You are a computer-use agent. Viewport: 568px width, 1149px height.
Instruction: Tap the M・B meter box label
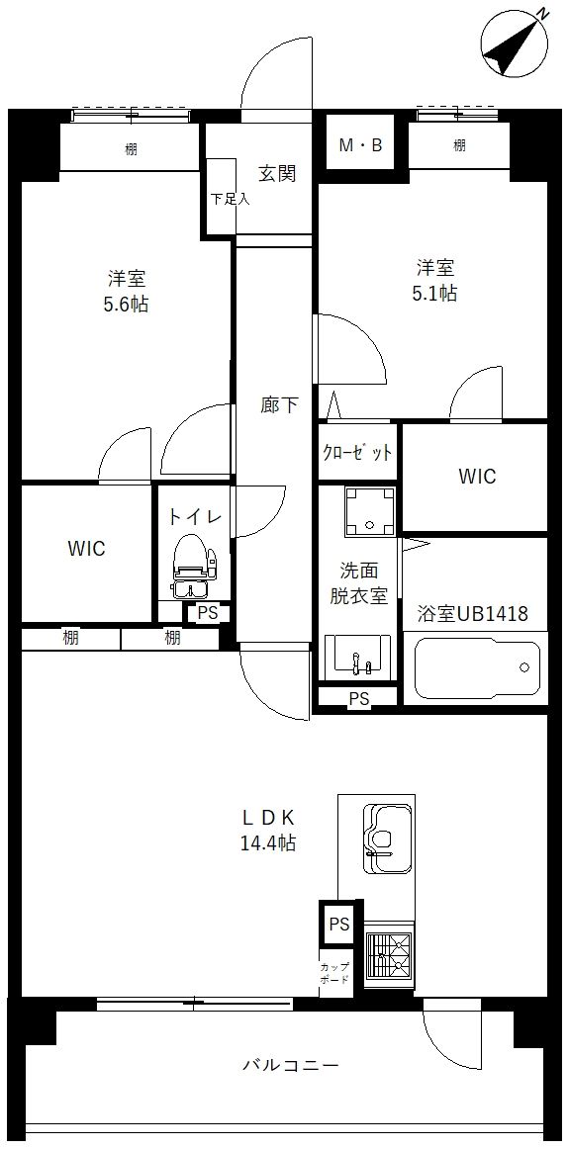(360, 146)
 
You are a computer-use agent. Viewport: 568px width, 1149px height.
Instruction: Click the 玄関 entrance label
(277, 174)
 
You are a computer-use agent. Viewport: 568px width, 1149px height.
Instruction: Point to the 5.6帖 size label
(126, 305)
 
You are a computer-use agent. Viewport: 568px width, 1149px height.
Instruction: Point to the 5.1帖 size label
(434, 294)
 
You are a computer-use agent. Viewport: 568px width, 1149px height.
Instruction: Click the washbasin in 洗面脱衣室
(357, 655)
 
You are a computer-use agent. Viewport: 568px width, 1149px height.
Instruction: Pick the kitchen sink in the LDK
(387, 837)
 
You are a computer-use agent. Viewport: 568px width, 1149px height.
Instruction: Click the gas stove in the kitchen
(389, 955)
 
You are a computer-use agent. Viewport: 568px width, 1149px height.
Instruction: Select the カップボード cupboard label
(332, 973)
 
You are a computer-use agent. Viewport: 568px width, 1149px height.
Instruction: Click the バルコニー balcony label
(291, 1066)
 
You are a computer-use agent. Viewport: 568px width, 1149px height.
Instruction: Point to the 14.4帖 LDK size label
(267, 843)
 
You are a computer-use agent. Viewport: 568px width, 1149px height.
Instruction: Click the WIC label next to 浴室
(476, 477)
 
